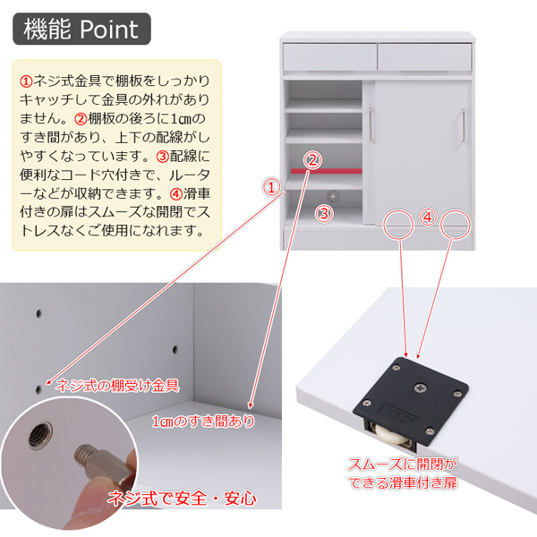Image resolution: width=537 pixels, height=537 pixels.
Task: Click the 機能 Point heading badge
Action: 81,29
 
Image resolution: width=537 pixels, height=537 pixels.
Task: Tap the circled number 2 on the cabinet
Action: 312,160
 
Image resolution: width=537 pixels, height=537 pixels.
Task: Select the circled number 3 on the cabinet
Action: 324,213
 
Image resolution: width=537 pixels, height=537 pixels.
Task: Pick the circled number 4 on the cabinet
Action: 427,217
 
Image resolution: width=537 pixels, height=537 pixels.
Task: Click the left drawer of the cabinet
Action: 328,56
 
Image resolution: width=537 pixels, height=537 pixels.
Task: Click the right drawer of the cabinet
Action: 423,56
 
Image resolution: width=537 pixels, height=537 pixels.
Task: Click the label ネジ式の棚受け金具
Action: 117,386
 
